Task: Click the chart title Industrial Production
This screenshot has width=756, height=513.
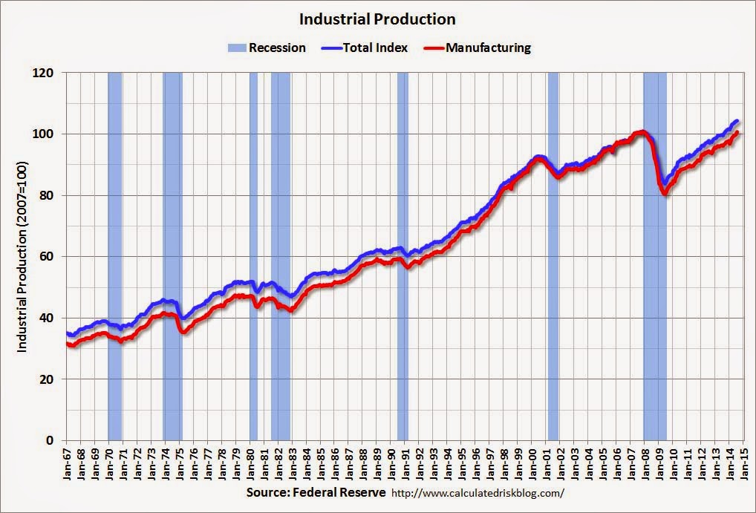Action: point(377,19)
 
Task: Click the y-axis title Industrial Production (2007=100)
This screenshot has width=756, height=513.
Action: point(22,257)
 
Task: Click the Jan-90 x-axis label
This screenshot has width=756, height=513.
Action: point(392,463)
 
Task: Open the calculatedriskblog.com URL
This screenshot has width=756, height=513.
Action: point(478,493)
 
